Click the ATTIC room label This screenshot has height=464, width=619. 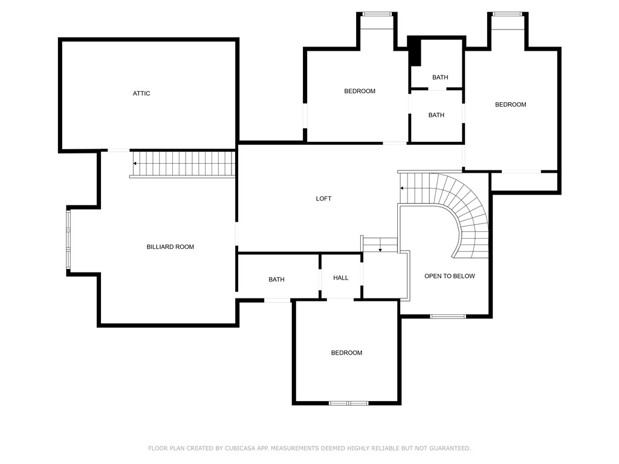[141, 94]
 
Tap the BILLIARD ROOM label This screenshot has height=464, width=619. [170, 247]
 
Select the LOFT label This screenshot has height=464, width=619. [323, 199]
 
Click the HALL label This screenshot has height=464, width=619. [341, 278]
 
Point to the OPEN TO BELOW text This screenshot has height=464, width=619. [449, 276]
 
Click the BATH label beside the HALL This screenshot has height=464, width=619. [276, 280]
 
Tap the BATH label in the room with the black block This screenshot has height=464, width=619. [440, 77]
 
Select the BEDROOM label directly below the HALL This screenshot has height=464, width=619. [346, 353]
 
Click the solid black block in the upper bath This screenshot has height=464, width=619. [415, 51]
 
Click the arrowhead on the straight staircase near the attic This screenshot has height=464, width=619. [135, 163]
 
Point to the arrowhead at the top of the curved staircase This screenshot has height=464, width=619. [402, 188]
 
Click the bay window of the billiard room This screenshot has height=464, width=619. [68, 240]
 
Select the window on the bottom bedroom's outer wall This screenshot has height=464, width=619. [348, 402]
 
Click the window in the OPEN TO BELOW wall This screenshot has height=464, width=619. [448, 316]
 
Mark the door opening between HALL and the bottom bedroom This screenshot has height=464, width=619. [340, 298]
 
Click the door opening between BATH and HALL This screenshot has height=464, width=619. [320, 279]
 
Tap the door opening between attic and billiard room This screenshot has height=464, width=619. [118, 150]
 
